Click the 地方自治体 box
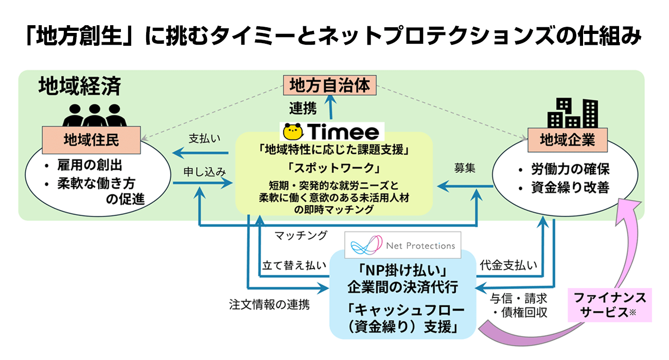(330, 85)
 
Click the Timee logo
(331, 132)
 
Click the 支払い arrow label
(200, 139)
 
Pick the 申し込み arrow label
(204, 172)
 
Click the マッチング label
(301, 236)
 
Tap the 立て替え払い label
(294, 265)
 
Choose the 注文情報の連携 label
(269, 304)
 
